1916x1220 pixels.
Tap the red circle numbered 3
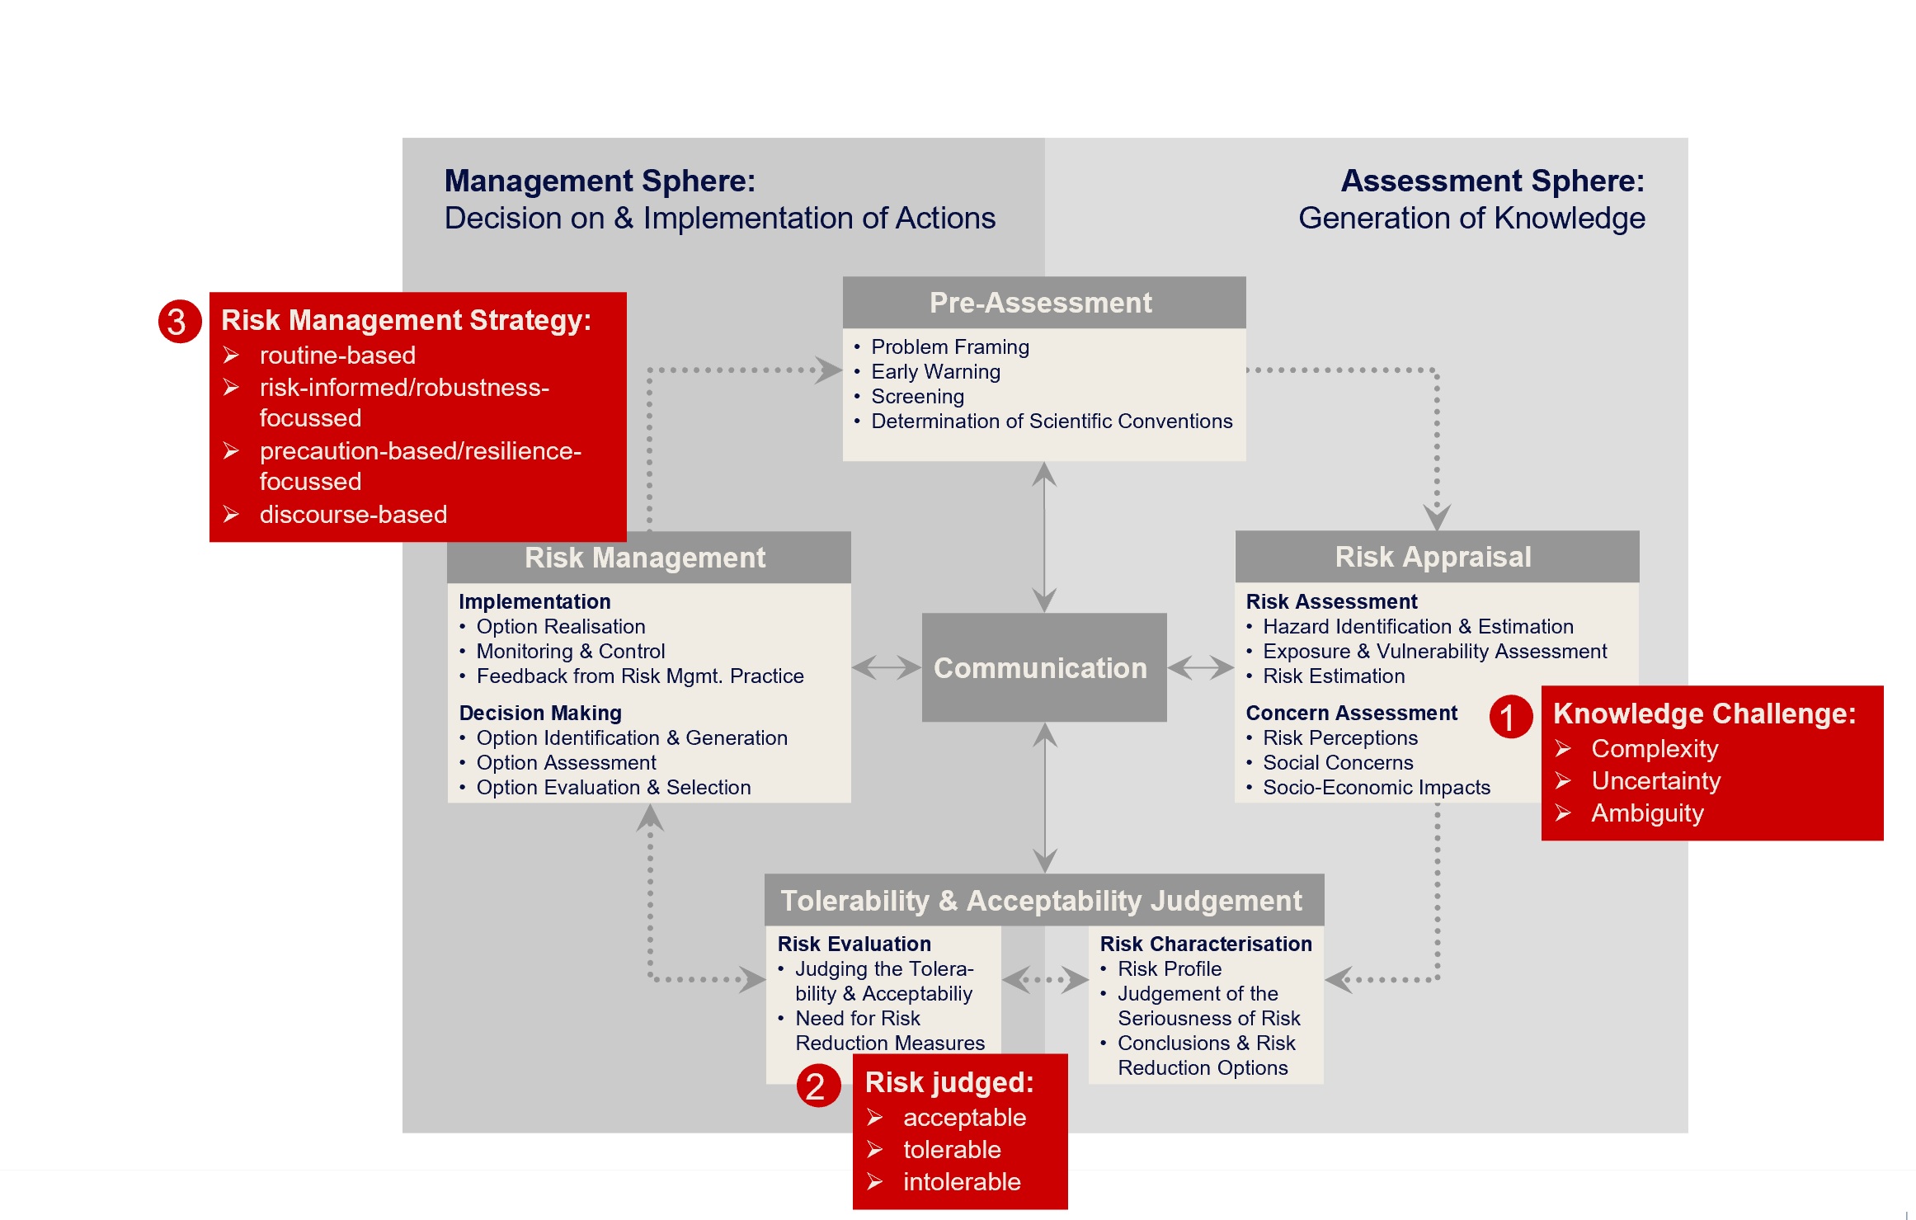(179, 322)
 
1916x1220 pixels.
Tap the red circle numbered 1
(1509, 716)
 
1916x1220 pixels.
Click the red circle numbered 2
(817, 1086)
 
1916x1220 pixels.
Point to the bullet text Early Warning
(935, 372)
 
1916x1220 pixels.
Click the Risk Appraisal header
(1436, 557)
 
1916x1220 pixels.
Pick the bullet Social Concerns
(1338, 763)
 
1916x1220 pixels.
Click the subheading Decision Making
(540, 713)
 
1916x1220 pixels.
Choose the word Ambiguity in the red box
(1647, 813)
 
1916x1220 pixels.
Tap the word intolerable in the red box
(962, 1182)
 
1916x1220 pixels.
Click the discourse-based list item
(353, 515)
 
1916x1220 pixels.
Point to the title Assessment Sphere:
(1491, 181)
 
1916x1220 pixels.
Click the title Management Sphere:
(600, 181)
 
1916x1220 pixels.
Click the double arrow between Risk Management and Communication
(886, 667)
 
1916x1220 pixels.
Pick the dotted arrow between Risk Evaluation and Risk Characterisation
(1044, 980)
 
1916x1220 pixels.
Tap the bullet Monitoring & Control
(570, 652)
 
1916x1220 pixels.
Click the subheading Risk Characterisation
(1205, 944)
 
